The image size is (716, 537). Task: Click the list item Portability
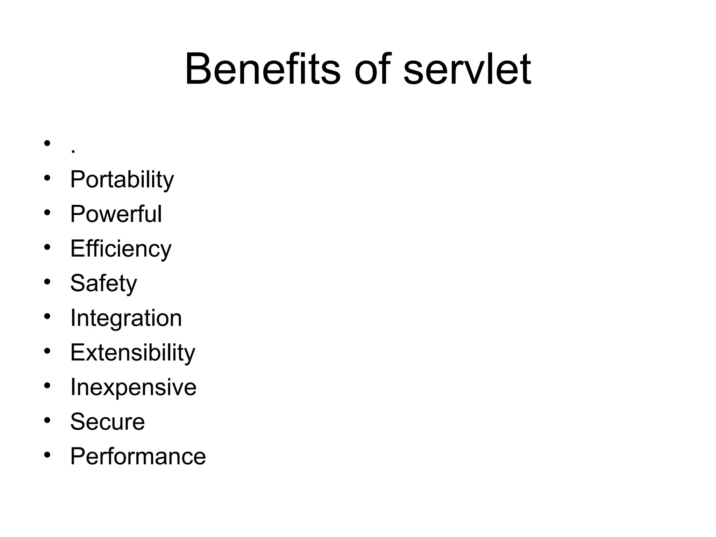(x=122, y=180)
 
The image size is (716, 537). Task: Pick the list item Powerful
(x=116, y=214)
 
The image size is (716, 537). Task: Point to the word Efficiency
(x=121, y=249)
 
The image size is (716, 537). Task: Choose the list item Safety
(x=103, y=283)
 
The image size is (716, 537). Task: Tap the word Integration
(x=126, y=318)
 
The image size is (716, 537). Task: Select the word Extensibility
(x=133, y=352)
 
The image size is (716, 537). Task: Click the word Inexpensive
(x=133, y=387)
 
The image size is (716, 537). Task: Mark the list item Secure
(x=107, y=422)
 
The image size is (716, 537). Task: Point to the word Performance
(x=138, y=456)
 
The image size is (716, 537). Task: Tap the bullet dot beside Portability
(x=47, y=178)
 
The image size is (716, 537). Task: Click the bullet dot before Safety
(x=47, y=281)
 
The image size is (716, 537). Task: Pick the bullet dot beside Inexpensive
(x=47, y=385)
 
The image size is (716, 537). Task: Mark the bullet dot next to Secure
(x=47, y=420)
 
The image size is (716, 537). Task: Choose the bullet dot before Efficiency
(x=47, y=247)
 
